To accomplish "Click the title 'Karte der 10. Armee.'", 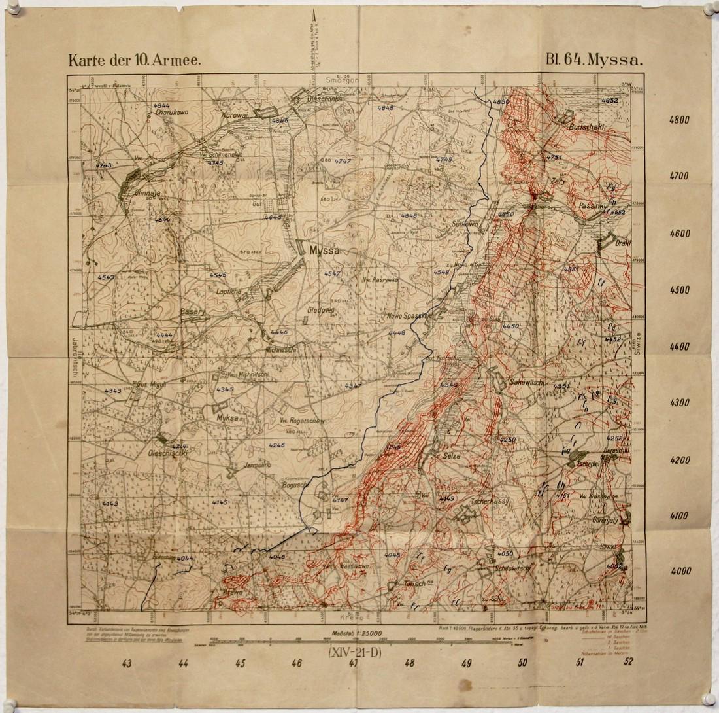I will [134, 60].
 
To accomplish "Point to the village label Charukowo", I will [172, 112].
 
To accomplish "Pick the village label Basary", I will [193, 312].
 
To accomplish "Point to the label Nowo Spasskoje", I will [411, 316].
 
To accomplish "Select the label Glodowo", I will [320, 310].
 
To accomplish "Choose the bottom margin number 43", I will [127, 663].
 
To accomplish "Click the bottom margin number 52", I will [629, 662].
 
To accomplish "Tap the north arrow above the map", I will [314, 20].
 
